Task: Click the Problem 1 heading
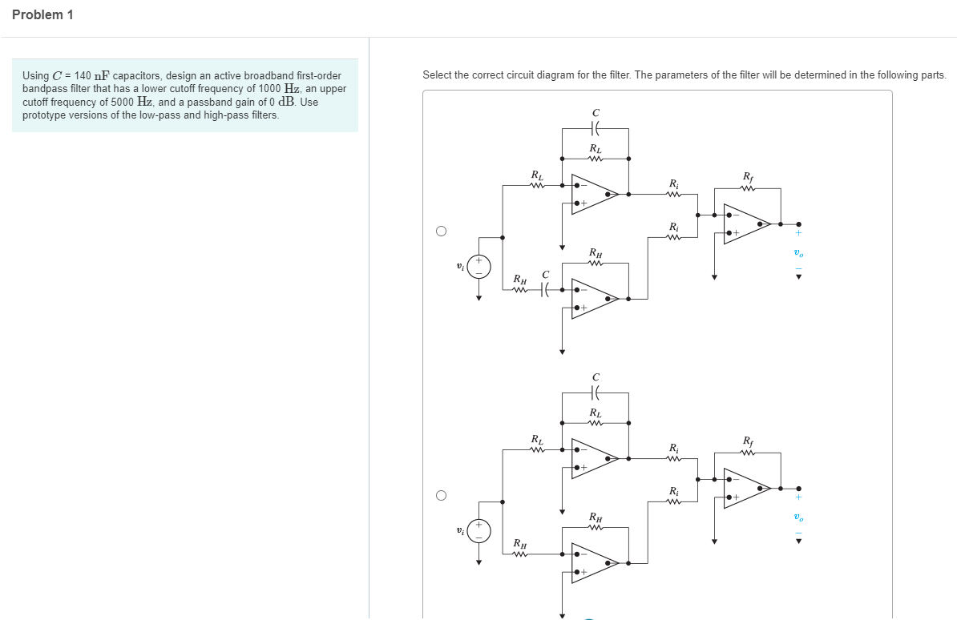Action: pos(42,15)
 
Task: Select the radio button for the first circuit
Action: pos(441,231)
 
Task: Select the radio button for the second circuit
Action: pos(441,495)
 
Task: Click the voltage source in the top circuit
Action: pos(478,267)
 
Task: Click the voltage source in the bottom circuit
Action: pos(478,531)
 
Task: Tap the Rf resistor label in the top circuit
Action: pos(748,176)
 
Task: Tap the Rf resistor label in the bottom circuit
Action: pos(748,441)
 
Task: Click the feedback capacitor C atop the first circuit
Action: pos(596,127)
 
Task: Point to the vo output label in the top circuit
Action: pos(797,253)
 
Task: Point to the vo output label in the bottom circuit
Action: pos(797,517)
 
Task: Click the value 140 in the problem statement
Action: pos(83,76)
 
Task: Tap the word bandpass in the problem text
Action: pos(42,89)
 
